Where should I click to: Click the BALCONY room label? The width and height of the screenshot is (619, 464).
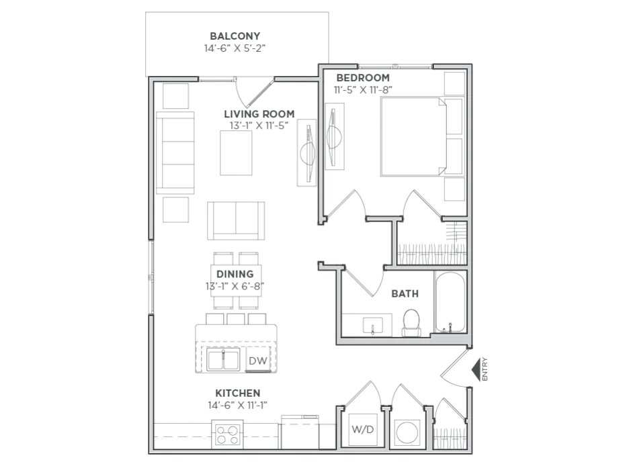point(235,36)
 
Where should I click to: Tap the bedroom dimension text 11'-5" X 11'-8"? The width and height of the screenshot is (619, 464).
point(363,90)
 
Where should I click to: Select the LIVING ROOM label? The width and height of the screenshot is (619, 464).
point(259,114)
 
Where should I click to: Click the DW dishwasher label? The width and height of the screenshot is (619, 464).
point(258,361)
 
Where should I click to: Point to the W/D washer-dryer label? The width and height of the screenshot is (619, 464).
point(362,429)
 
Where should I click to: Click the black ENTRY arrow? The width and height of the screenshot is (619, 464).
point(476,369)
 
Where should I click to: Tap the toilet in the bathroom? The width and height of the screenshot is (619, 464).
point(411,323)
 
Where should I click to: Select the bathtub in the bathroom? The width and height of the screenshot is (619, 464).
point(450,302)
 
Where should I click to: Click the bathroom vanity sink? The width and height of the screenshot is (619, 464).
point(372,325)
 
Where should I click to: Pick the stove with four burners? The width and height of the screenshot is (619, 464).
point(227,434)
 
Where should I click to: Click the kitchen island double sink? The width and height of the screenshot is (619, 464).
point(223,360)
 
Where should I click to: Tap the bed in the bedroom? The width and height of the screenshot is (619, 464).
point(413,136)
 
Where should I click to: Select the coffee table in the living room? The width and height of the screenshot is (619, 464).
point(236,152)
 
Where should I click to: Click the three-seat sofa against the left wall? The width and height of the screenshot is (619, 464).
point(175,152)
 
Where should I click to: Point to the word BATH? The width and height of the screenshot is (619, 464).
point(405,293)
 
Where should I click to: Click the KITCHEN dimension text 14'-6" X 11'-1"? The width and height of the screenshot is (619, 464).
point(238,405)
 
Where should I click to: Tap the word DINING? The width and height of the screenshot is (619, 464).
point(235,274)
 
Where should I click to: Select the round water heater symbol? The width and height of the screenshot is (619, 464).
point(407,432)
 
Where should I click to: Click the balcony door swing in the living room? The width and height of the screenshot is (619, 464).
point(254,93)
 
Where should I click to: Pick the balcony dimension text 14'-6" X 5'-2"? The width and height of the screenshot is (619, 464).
point(235,48)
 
